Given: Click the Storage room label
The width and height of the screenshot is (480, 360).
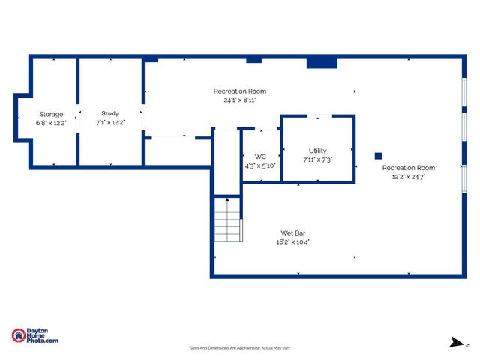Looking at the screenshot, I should [51, 114].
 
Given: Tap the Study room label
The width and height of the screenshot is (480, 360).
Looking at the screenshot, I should [110, 114].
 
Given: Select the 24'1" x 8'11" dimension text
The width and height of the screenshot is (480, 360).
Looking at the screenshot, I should [240, 100].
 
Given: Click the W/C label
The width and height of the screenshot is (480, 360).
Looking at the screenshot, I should [260, 157].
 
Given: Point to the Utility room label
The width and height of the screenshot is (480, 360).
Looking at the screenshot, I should [317, 151].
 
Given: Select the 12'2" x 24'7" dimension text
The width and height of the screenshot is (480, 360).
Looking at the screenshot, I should [408, 176].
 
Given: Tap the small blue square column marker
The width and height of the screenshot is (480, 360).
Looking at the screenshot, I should [378, 157].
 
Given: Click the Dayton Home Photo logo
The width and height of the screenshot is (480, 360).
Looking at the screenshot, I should [35, 336].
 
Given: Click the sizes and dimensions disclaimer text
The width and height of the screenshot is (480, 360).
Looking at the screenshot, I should [240, 348].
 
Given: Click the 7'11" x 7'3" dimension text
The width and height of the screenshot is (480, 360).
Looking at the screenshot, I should [317, 160].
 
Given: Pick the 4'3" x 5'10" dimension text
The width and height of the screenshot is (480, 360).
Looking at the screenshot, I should [260, 166].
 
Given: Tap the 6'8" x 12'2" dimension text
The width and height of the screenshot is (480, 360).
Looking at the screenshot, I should [51, 122].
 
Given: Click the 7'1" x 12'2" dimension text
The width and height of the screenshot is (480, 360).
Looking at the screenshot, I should [110, 122].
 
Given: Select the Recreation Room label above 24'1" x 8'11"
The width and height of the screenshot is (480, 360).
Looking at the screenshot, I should [240, 91].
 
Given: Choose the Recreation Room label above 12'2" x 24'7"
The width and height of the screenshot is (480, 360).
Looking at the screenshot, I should [408, 168].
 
